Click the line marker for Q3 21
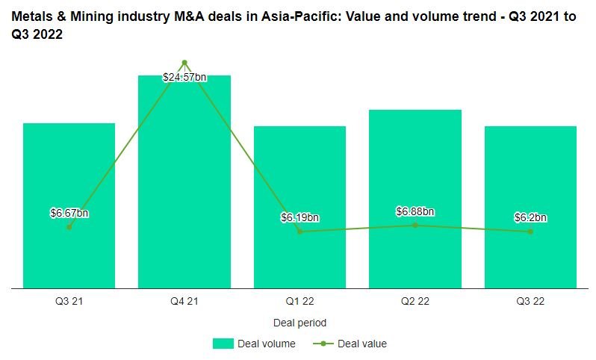click(69, 227)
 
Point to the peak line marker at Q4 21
click(184, 63)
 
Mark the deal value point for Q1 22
click(299, 232)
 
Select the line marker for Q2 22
click(415, 225)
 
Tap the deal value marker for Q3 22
click(530, 232)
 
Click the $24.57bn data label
click(184, 76)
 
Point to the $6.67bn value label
click(69, 213)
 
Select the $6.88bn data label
click(415, 211)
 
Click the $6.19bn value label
click(299, 217)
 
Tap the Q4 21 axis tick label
click(184, 302)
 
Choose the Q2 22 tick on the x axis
click(415, 302)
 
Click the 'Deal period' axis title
click(299, 323)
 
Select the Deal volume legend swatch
click(223, 344)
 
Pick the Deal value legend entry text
click(362, 344)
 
